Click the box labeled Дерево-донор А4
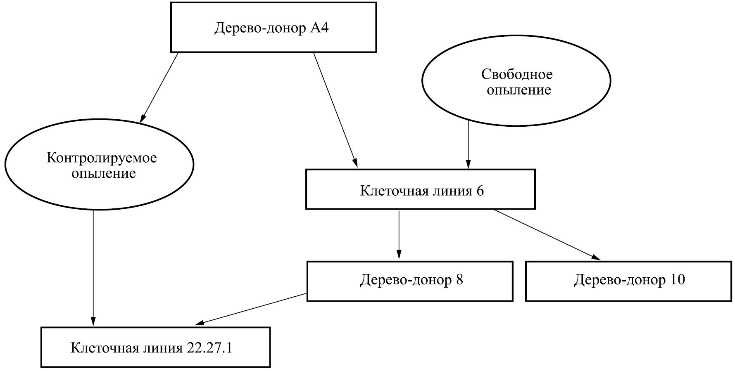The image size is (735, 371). [273, 27]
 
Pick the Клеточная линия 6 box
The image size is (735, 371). [420, 189]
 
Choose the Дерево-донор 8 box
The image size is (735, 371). [410, 281]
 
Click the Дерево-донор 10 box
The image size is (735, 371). [628, 281]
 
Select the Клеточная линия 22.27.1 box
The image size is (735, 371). [155, 347]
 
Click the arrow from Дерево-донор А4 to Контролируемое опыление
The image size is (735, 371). [159, 87]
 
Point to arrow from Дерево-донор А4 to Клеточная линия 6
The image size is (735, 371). [335, 110]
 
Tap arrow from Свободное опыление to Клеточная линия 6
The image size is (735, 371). [468, 144]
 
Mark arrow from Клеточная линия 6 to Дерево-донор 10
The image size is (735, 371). [546, 235]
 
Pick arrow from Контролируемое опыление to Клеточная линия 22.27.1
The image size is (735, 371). [93, 268]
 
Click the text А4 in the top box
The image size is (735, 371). [319, 28]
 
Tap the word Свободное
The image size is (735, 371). [516, 74]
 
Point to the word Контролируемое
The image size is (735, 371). [102, 158]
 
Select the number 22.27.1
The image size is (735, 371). [209, 347]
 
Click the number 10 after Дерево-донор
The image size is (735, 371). [677, 280]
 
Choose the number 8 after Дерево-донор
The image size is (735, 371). [459, 280]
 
